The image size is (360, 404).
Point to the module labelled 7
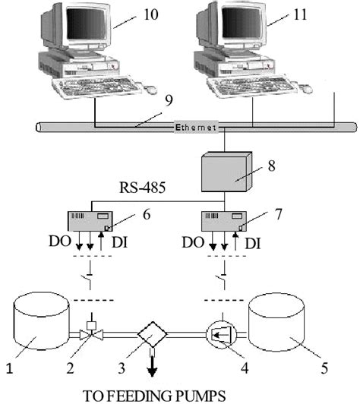pyautogui.click(x=222, y=221)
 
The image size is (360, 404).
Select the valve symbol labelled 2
pyautogui.click(x=92, y=335)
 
